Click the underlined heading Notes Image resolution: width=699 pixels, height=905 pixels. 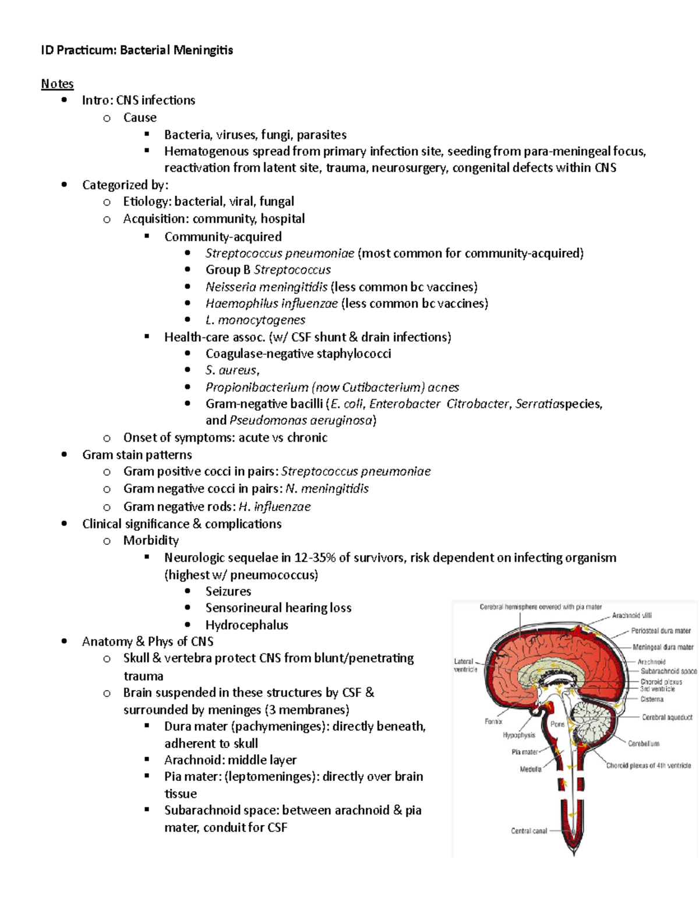(57, 84)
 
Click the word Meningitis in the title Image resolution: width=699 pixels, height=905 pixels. (203, 50)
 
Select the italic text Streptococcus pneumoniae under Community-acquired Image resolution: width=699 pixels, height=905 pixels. (280, 253)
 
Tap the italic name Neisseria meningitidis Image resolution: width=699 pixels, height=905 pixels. (266, 287)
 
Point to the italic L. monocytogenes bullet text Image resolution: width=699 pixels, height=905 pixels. (255, 320)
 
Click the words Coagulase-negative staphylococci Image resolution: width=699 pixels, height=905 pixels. (298, 354)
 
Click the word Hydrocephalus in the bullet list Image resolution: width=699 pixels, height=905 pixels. (247, 625)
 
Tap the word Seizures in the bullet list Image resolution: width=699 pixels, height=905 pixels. (228, 591)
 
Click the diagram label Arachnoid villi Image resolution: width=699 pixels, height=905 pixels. (631, 615)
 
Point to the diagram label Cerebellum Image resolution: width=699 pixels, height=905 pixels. (644, 744)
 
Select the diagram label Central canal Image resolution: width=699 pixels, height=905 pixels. (529, 831)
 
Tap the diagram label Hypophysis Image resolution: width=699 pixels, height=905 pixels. (518, 735)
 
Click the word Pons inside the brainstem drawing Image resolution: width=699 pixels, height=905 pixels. (557, 724)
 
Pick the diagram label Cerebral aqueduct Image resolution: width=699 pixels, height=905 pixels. (667, 717)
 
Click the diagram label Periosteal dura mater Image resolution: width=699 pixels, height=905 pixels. (661, 631)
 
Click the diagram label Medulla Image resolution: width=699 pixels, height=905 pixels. (531, 769)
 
